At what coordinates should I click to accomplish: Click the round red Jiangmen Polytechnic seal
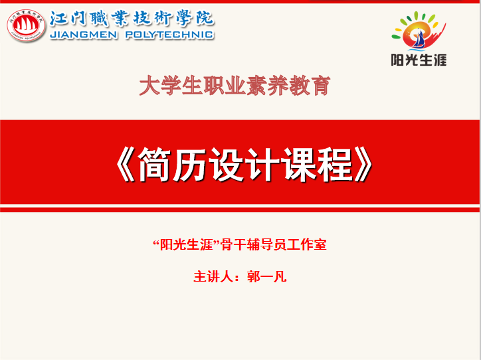pyautogui.click(x=26, y=25)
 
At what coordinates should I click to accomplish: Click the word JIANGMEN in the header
pyautogui.click(x=84, y=35)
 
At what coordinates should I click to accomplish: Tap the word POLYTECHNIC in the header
pyautogui.click(x=169, y=35)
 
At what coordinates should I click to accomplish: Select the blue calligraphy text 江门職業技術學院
pyautogui.click(x=132, y=19)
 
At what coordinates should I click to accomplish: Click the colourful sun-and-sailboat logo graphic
pyautogui.click(x=419, y=31)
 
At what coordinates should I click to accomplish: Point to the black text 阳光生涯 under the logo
pyautogui.click(x=419, y=60)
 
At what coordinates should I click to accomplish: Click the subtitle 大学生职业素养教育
pyautogui.click(x=235, y=86)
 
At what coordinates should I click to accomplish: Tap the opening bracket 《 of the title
pyautogui.click(x=126, y=164)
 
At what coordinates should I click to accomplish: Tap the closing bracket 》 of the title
pyautogui.click(x=363, y=164)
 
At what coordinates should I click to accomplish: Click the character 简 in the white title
pyautogui.click(x=153, y=164)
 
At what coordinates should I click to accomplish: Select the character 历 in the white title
pyautogui.click(x=189, y=164)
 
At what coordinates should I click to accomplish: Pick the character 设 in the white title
pyautogui.click(x=226, y=164)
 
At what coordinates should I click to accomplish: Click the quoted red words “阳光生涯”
pyautogui.click(x=187, y=244)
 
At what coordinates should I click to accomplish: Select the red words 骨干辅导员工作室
pyautogui.click(x=274, y=244)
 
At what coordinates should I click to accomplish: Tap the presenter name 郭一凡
pyautogui.click(x=266, y=276)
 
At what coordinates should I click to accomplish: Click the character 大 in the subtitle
pyautogui.click(x=149, y=86)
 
